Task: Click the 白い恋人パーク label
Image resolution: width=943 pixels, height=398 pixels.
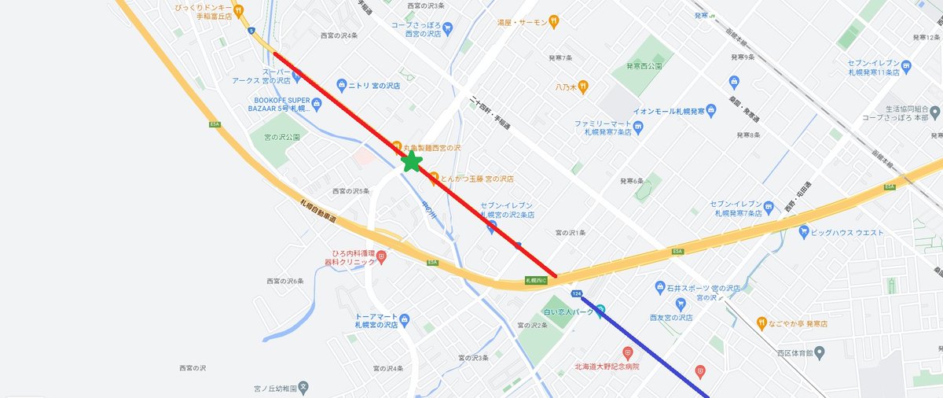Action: point(574,312)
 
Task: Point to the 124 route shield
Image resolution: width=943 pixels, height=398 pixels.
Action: point(578,293)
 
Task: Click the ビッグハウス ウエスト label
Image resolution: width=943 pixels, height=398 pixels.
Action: point(846,232)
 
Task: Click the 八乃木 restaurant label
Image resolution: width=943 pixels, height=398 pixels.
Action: point(567,87)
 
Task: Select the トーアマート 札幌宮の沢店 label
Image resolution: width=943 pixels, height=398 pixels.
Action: point(372,320)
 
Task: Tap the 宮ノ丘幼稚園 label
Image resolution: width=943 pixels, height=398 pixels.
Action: point(274,388)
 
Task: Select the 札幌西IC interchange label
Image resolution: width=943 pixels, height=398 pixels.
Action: point(536,279)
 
